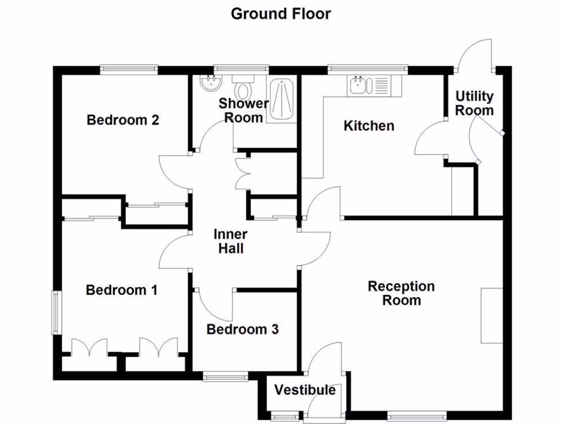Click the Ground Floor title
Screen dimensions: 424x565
pyautogui.click(x=281, y=13)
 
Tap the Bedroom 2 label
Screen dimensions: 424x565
pyautogui.click(x=123, y=120)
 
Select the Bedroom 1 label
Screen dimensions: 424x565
pyautogui.click(x=122, y=290)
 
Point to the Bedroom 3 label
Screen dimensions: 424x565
pyautogui.click(x=242, y=330)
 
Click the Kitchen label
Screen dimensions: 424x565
pyautogui.click(x=369, y=126)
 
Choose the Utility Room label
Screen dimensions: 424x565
pyautogui.click(x=474, y=103)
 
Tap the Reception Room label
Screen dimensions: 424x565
pyautogui.click(x=401, y=293)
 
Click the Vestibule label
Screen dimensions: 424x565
pyautogui.click(x=305, y=390)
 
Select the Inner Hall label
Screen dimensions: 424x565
pyautogui.click(x=230, y=241)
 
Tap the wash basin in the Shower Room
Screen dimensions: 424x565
pyautogui.click(x=211, y=83)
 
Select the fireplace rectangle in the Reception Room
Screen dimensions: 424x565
pyautogui.click(x=491, y=315)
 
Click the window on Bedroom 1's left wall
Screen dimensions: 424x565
pyautogui.click(x=56, y=312)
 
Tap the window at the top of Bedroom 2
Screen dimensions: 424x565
pyautogui.click(x=129, y=69)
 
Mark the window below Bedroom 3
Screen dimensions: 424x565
pyautogui.click(x=225, y=377)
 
